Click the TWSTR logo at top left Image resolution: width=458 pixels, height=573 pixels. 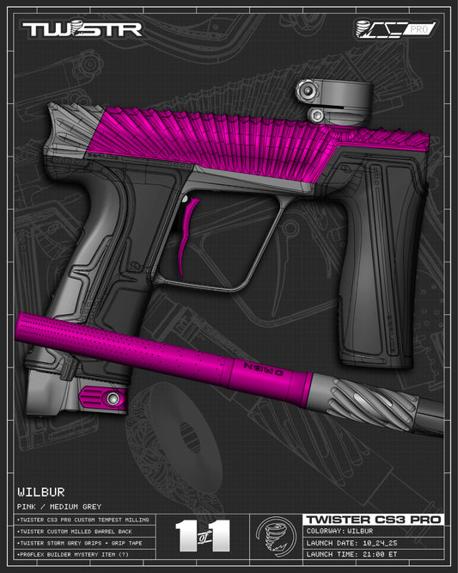click(82, 28)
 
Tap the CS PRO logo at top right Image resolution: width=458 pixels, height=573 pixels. click(395, 28)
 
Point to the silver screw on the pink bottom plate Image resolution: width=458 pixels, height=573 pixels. click(111, 397)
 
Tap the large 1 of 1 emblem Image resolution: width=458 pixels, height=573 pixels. click(204, 535)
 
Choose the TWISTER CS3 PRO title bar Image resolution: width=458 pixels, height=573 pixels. click(372, 520)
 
